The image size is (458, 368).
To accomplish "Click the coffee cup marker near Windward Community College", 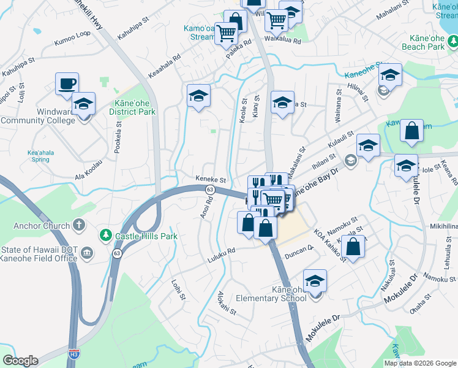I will tap(67, 84).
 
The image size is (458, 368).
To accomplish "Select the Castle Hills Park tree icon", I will tap(105, 236).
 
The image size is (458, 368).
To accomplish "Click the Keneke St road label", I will tap(211, 180).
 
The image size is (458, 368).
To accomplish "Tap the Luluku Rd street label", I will tap(222, 250).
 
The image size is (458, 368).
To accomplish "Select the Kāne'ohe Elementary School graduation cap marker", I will tap(315, 282).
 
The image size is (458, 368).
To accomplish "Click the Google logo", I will tap(20, 361).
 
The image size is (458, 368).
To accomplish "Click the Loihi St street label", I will tap(178, 288).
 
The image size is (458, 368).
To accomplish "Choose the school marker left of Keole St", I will tap(198, 96).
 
